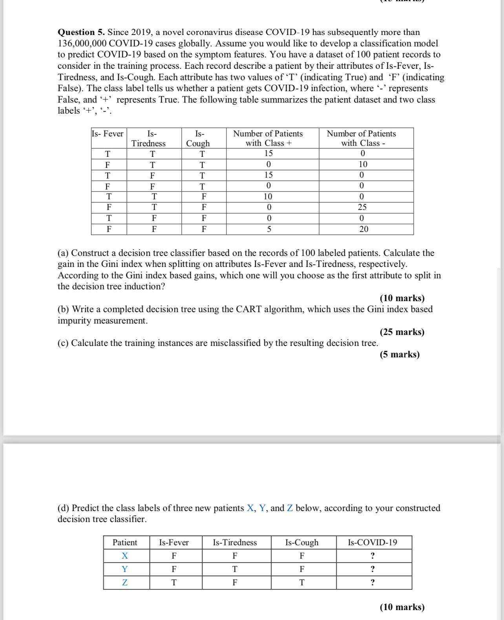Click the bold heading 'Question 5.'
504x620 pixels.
pos(81,32)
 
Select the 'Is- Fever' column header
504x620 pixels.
pos(108,134)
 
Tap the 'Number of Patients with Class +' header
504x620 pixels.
pos(268,138)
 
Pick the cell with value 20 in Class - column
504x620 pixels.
pos(364,229)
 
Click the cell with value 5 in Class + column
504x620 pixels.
pos(268,229)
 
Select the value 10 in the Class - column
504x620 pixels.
pos(363,164)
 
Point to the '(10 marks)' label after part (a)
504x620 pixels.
pos(402,298)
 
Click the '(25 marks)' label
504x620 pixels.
pos(402,332)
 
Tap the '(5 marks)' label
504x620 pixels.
pos(400,354)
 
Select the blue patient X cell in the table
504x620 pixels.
pos(125,556)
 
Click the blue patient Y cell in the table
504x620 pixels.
pos(125,569)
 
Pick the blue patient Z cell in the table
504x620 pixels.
pos(125,583)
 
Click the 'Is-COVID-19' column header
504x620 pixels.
pos(372,543)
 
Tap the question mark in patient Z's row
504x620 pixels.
pos(373,583)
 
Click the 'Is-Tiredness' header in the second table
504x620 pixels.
pos(235,543)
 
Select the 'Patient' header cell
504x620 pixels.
pos(125,543)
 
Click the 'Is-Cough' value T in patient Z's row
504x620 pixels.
pos(301,583)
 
